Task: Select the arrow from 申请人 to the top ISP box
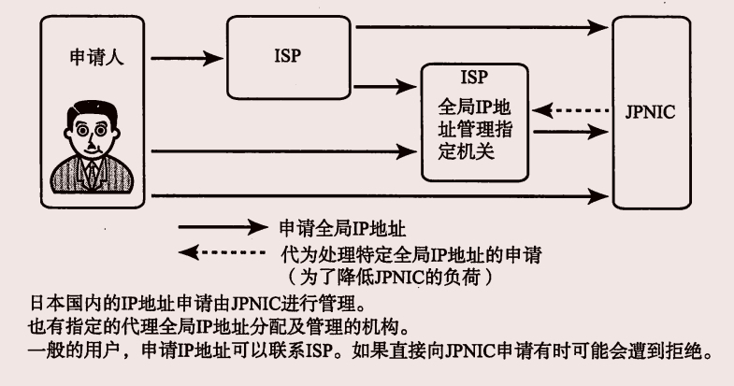pos(187,62)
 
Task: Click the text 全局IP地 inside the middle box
pos(478,104)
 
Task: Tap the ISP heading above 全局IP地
pos(475,76)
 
